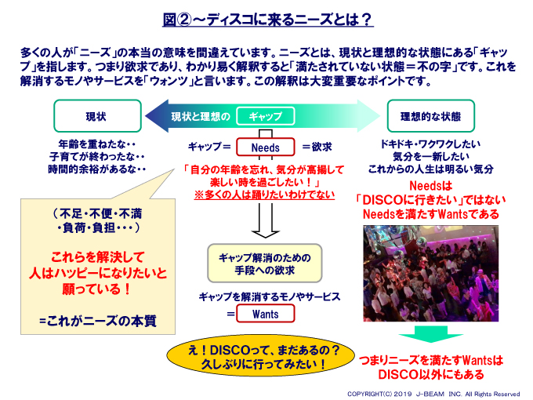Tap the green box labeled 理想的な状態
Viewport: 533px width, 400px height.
[x=430, y=116]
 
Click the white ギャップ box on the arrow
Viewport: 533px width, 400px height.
[x=265, y=116]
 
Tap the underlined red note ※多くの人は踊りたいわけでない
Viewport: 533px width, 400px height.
[x=264, y=195]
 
